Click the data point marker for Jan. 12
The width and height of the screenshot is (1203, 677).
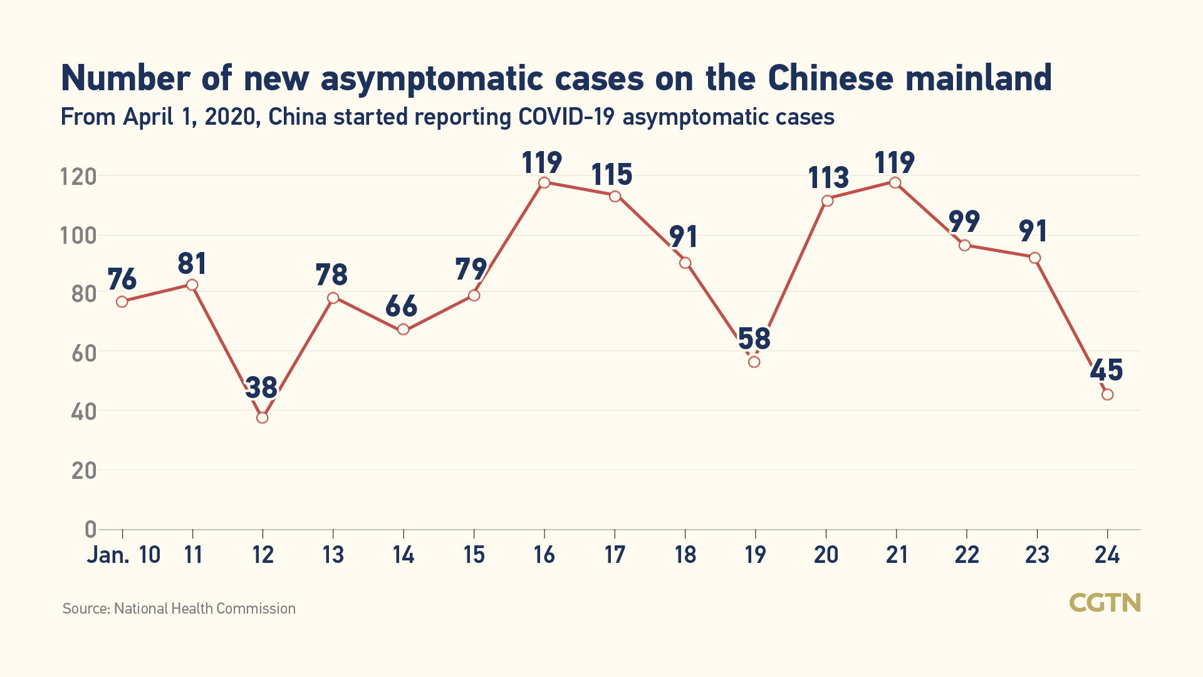(x=263, y=417)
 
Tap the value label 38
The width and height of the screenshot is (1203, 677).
(x=261, y=388)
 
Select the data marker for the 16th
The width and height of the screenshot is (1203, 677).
(x=544, y=182)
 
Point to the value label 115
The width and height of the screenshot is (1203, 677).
(x=612, y=175)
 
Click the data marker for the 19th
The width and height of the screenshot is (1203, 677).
(x=754, y=362)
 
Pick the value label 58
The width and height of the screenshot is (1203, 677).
(x=754, y=339)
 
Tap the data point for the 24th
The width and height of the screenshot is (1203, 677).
(x=1107, y=394)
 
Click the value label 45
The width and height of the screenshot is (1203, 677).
(x=1106, y=370)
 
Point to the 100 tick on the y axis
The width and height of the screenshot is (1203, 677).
(x=78, y=236)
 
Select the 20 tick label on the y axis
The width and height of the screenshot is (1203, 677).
(x=84, y=471)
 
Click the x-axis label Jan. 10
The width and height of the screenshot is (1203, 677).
(x=123, y=555)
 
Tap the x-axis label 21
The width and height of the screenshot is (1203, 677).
(x=897, y=555)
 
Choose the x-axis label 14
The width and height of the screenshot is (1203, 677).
(x=403, y=555)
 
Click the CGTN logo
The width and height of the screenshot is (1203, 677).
(x=1104, y=603)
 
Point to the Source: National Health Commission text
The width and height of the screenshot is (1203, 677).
(x=179, y=609)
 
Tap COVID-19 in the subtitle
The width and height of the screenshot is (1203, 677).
(x=566, y=117)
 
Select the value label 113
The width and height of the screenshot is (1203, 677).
(x=828, y=178)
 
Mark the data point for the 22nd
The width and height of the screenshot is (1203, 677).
(x=965, y=245)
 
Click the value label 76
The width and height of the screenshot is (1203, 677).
(x=122, y=280)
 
